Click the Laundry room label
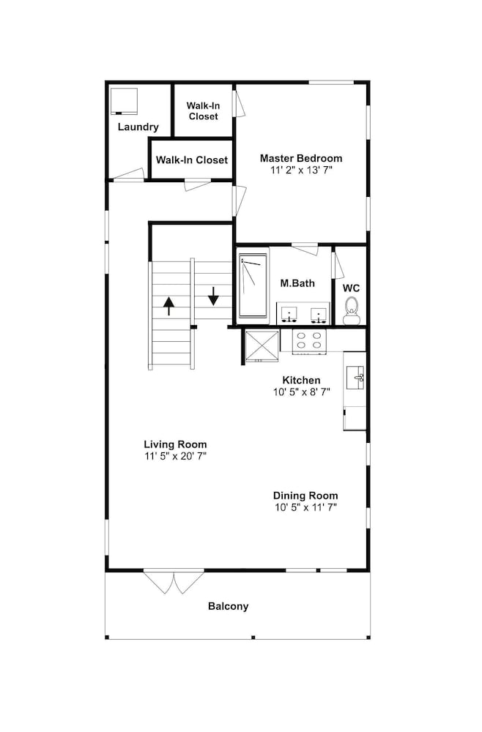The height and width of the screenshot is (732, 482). (138, 127)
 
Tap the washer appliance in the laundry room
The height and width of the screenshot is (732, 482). (124, 101)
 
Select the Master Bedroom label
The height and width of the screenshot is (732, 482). (301, 158)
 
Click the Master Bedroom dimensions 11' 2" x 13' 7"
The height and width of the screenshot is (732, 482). (301, 171)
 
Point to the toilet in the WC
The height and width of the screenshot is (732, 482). (351, 311)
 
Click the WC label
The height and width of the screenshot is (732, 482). (351, 288)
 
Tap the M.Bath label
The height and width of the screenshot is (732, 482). (297, 283)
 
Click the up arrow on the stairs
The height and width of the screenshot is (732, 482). (168, 306)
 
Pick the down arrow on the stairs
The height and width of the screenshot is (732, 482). (213, 296)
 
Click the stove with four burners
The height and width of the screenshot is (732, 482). (309, 342)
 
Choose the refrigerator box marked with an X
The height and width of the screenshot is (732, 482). (262, 346)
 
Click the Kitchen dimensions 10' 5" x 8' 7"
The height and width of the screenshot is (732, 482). (301, 392)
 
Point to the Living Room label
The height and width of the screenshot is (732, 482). (175, 444)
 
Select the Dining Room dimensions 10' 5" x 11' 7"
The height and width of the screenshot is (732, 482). (305, 507)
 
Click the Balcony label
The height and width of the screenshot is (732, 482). (229, 606)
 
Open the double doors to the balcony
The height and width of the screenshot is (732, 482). (174, 582)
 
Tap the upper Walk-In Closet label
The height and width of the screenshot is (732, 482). (203, 111)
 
